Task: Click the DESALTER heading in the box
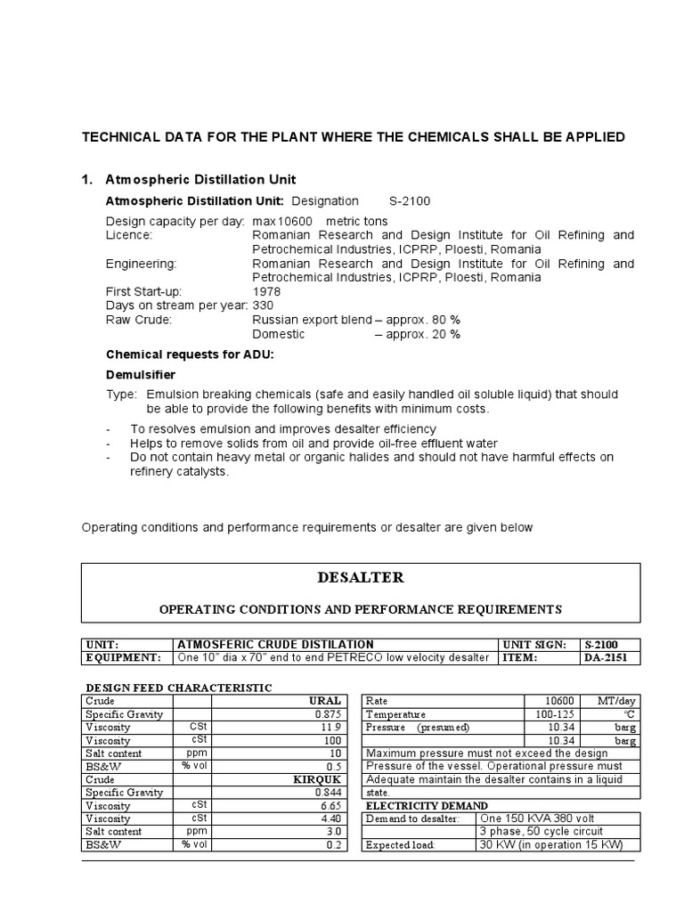point(361,578)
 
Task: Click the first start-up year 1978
point(267,291)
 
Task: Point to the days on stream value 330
point(264,305)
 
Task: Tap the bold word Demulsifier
point(141,374)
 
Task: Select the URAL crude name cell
point(324,701)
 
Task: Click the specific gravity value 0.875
point(328,714)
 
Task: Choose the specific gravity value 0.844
point(328,792)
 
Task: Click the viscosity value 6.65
point(330,805)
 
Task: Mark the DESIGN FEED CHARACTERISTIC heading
point(178,688)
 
